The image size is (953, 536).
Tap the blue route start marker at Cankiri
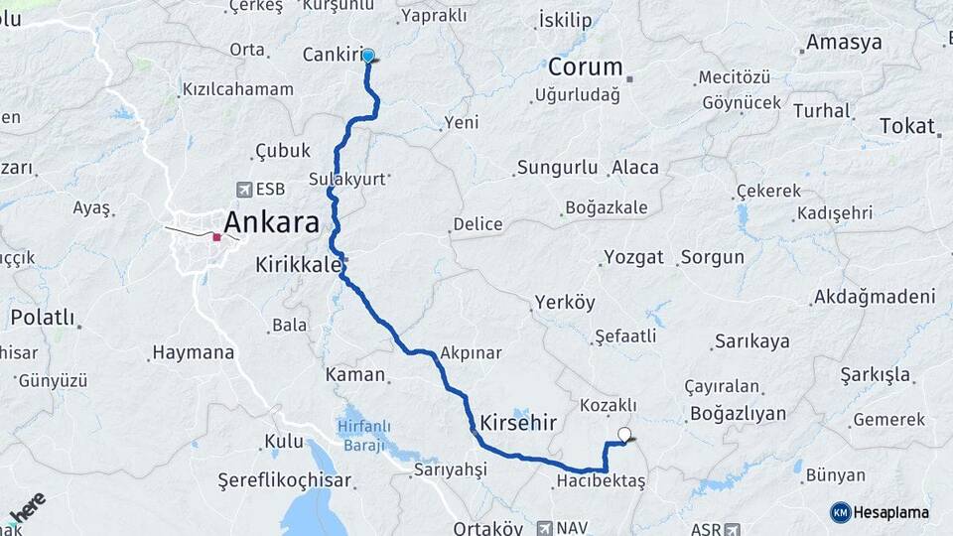point(368,56)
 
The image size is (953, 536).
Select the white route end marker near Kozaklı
point(624,434)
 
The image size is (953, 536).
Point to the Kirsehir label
point(517,422)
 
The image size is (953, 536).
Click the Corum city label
point(586,68)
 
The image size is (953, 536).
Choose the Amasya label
point(844,43)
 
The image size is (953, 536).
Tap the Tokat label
point(906,126)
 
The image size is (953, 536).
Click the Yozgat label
point(632,257)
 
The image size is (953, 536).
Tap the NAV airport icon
point(544,527)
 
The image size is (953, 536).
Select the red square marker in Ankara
point(216,237)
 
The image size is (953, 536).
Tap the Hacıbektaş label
point(601,481)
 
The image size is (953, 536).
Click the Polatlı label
point(43,318)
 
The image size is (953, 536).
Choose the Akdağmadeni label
point(874,297)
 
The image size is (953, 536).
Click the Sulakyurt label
point(346,179)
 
